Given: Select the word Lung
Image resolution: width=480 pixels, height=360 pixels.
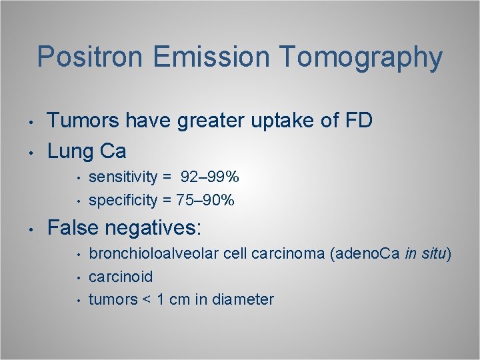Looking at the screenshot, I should (x=71, y=151).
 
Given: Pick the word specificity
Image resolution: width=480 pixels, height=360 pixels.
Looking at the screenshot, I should (x=123, y=200).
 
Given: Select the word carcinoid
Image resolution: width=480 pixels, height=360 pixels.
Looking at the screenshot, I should (x=121, y=277).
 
